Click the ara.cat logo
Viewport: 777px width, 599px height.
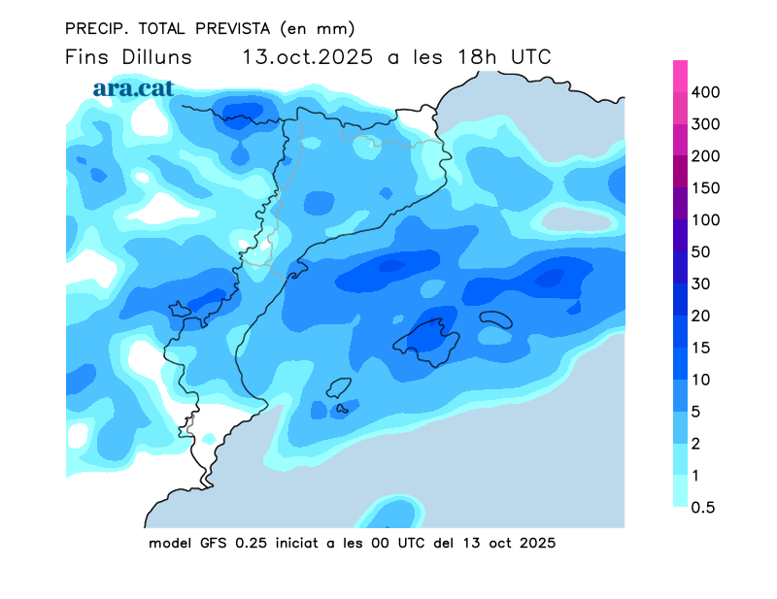(133, 88)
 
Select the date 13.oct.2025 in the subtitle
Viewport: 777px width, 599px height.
(307, 57)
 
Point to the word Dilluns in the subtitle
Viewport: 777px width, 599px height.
(155, 57)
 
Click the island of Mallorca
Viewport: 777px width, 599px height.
(427, 338)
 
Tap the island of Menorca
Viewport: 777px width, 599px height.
(496, 319)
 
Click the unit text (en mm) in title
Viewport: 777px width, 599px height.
(317, 27)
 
